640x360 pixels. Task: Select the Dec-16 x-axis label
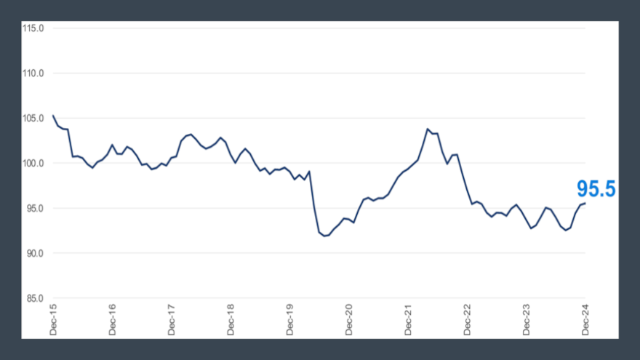click(113, 320)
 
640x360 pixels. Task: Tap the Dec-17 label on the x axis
click(172, 320)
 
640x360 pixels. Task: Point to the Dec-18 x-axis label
click(231, 320)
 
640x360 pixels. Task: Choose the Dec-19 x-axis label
click(290, 320)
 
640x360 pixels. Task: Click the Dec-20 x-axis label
click(349, 320)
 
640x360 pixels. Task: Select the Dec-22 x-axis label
click(468, 320)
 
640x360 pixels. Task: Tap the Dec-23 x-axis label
click(527, 320)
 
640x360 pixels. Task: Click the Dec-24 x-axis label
click(585, 320)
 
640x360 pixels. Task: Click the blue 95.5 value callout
click(596, 189)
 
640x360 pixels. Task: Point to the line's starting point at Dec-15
click(53, 116)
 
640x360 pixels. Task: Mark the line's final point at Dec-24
click(585, 203)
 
